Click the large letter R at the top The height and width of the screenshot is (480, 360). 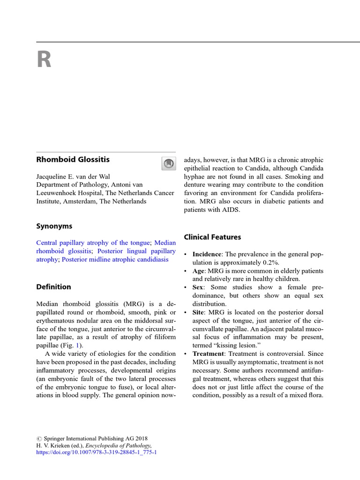(x=44, y=60)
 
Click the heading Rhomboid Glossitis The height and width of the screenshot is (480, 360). (x=73, y=159)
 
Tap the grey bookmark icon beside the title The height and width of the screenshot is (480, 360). (x=168, y=163)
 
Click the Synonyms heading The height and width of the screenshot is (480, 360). (x=54, y=226)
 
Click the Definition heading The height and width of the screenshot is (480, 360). (x=53, y=287)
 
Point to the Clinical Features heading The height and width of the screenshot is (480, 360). (x=212, y=237)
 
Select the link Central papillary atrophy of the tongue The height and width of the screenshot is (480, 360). (x=93, y=243)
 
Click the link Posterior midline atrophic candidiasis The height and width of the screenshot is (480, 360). (x=115, y=259)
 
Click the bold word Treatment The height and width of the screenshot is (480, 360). (x=211, y=353)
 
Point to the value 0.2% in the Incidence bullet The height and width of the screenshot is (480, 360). (x=270, y=262)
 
